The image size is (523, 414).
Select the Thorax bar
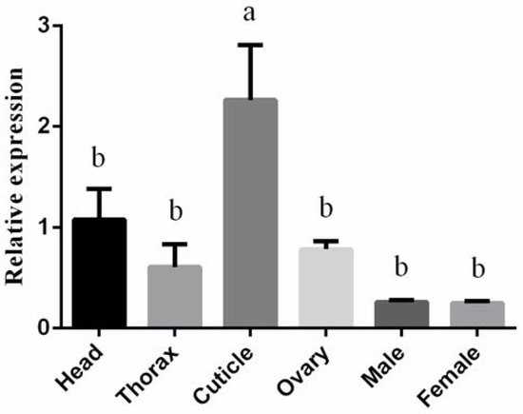click(x=174, y=296)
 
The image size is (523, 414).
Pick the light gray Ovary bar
click(x=326, y=287)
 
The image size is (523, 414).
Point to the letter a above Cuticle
click(x=251, y=16)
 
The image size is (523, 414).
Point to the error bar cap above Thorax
click(x=174, y=244)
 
